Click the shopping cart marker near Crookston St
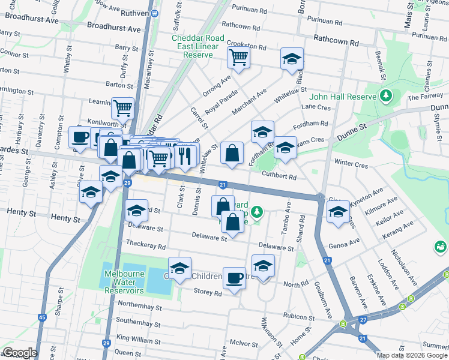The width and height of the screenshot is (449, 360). (238, 58)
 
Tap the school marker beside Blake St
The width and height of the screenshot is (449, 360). (292, 59)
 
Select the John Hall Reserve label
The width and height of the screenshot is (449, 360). (342, 97)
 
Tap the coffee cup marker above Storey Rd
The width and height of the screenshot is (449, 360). (234, 278)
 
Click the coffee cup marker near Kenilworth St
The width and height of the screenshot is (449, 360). (79, 137)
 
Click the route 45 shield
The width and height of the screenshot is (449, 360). (41, 317)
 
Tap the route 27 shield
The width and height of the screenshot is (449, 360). (363, 320)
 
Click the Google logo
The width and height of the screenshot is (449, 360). (19, 352)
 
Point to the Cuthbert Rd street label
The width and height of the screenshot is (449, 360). (279, 177)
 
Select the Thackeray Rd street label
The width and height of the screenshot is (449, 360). (145, 245)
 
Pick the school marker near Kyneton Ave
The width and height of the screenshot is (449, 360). (338, 212)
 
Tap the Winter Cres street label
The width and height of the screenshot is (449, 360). (351, 164)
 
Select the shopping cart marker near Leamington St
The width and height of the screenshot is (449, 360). (122, 109)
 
